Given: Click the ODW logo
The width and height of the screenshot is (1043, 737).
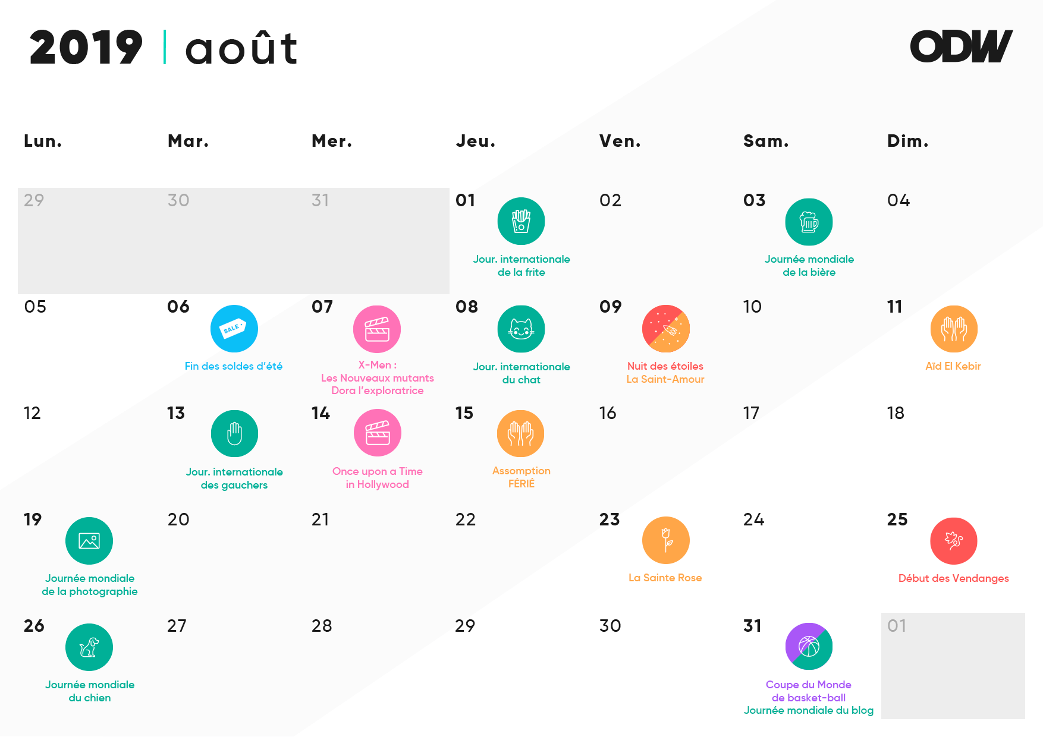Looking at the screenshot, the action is click(961, 46).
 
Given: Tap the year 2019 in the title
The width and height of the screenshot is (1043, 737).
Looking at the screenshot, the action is click(86, 48).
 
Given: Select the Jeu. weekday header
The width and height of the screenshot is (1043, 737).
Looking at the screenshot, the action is click(476, 141).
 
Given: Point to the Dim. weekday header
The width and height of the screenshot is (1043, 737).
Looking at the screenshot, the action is click(907, 141).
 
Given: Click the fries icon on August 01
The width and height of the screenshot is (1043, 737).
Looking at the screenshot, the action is click(521, 221).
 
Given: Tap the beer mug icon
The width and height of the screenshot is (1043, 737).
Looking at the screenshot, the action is click(809, 222).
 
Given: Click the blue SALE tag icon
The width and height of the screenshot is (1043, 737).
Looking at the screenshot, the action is click(234, 329).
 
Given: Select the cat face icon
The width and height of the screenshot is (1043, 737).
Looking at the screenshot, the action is click(521, 329).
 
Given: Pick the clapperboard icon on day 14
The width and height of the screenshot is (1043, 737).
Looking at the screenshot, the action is click(378, 433).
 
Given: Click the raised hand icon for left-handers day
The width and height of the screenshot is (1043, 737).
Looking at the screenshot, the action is click(234, 433).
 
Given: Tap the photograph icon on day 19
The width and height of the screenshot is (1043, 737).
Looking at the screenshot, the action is click(89, 541).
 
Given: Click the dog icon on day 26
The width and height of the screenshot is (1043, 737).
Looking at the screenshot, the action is click(89, 647).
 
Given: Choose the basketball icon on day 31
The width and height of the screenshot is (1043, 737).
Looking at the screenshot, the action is click(809, 647).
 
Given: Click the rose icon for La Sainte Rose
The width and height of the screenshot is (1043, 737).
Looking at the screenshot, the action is click(666, 540).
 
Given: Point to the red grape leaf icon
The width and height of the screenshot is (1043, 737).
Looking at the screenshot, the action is click(954, 541).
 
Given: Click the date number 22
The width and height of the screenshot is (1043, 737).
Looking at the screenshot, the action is click(466, 520).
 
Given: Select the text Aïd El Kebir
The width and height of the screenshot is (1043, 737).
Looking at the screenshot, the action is click(953, 366).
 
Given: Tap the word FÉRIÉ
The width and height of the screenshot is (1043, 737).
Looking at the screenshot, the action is click(521, 484).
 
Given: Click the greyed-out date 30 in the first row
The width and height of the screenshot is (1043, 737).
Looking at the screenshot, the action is click(178, 200).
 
